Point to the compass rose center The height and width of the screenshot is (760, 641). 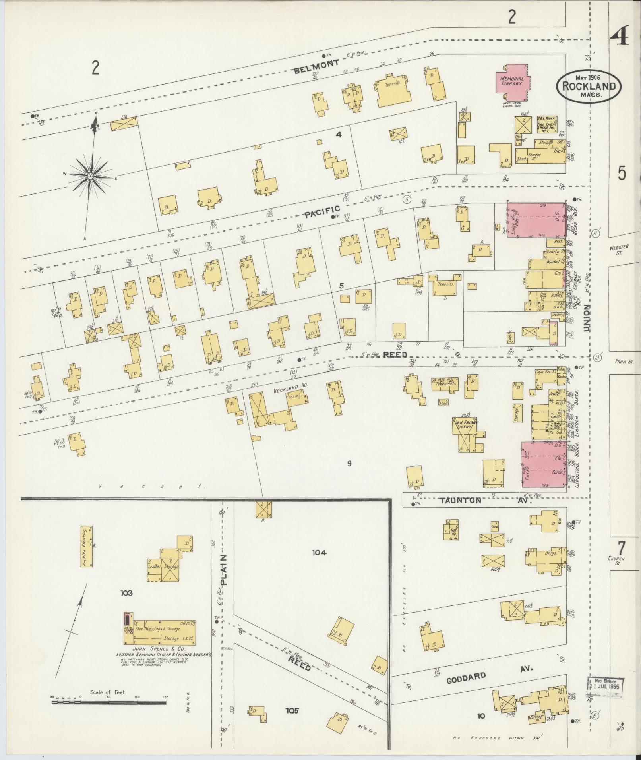(x=91, y=175)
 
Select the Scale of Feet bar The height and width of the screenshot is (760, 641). (x=108, y=703)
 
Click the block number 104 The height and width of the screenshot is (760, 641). (x=319, y=552)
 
